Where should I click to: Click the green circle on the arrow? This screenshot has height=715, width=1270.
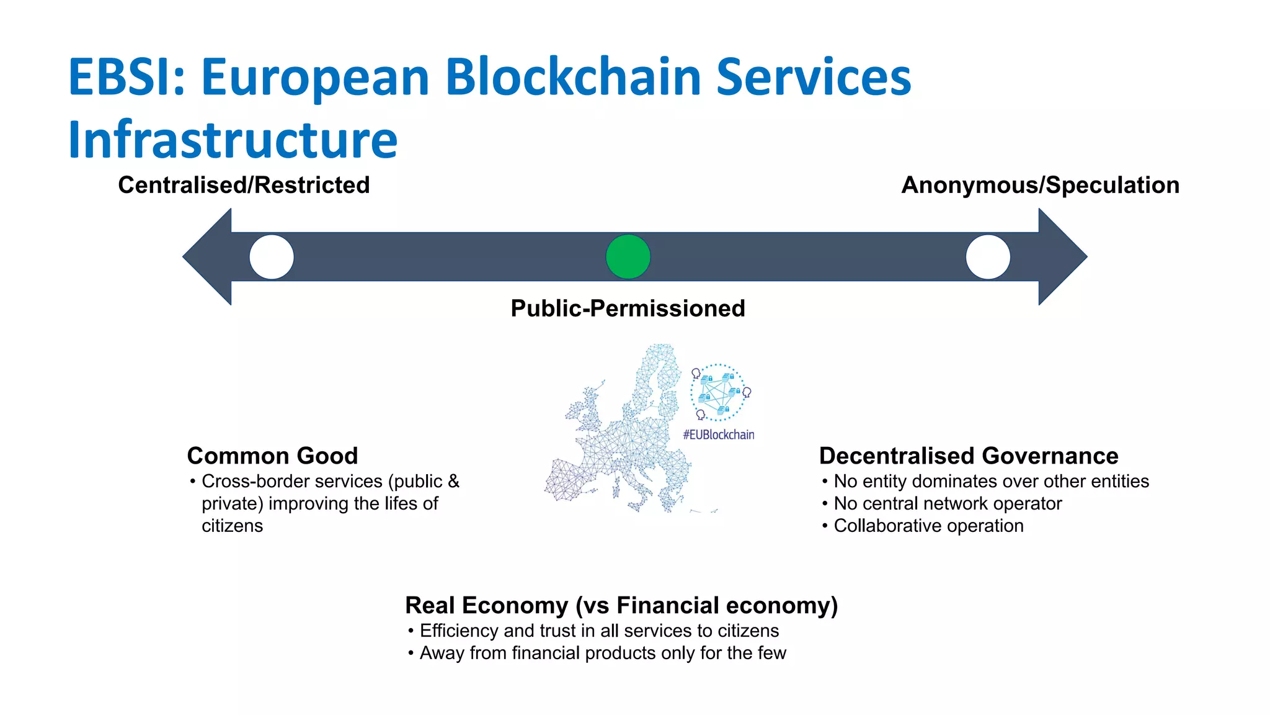[x=628, y=257]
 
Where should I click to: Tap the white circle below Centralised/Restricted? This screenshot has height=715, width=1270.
[x=272, y=257]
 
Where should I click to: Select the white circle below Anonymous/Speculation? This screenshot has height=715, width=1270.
[x=988, y=257]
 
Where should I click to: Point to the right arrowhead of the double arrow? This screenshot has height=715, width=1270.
[x=1061, y=256]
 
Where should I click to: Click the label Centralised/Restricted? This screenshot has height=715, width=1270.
[x=244, y=185]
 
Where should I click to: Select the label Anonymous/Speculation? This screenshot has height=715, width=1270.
[x=1040, y=185]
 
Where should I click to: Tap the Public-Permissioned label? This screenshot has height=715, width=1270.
[x=628, y=308]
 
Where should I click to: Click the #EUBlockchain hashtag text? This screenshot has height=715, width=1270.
[x=719, y=434]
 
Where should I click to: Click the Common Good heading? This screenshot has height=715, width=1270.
[x=272, y=456]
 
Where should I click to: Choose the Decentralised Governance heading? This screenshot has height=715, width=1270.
[x=969, y=456]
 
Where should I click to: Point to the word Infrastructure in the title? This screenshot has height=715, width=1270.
[x=233, y=139]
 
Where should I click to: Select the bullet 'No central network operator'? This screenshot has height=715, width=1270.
[x=948, y=503]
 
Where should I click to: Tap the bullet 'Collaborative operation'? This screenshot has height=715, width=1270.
[x=928, y=526]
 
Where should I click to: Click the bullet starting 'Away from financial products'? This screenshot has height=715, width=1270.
[x=602, y=653]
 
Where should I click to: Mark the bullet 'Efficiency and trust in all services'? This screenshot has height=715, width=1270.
[x=599, y=631]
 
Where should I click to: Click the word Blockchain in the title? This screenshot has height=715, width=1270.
[x=573, y=77]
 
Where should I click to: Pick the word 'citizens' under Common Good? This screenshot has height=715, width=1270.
[x=232, y=526]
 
